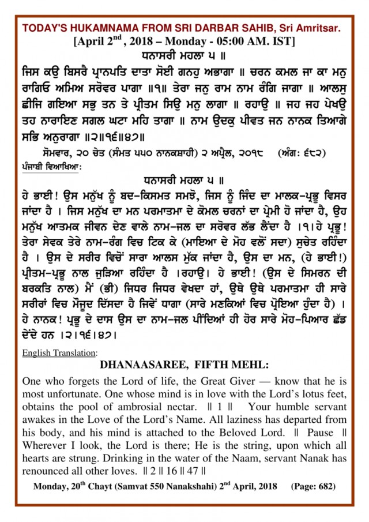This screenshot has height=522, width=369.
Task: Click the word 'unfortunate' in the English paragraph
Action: pyautogui.click(x=70, y=393)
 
